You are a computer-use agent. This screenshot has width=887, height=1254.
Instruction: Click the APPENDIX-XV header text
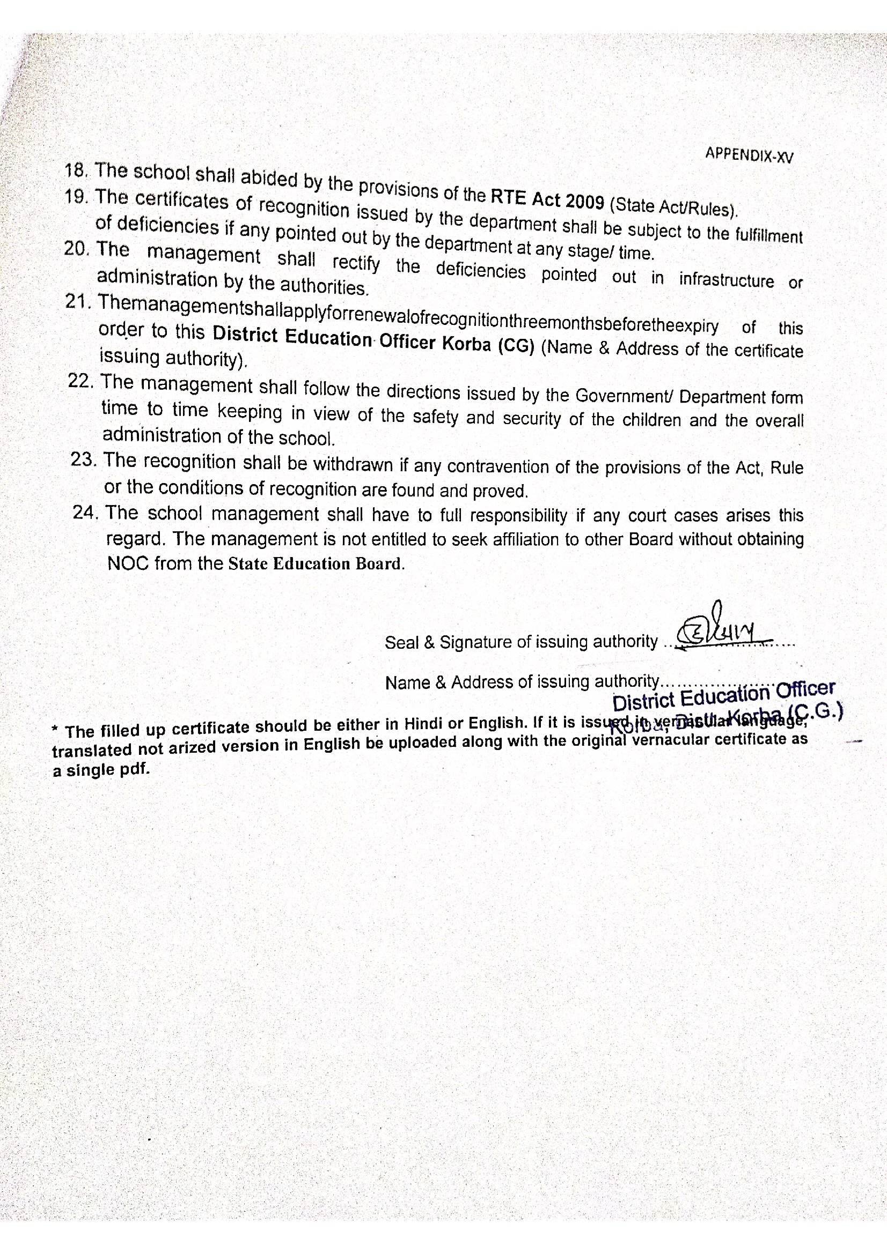pos(748,154)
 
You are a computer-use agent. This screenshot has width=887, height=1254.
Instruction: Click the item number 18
pos(76,170)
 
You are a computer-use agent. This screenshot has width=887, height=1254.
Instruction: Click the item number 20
pos(76,249)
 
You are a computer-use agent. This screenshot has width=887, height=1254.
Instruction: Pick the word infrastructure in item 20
pos(727,280)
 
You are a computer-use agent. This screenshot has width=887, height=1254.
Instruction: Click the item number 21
pos(78,302)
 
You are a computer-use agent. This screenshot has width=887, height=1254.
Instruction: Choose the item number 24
pos(85,513)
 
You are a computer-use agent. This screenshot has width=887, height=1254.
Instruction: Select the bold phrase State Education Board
pos(316,563)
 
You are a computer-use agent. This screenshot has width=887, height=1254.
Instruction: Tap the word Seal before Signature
pos(402,643)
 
